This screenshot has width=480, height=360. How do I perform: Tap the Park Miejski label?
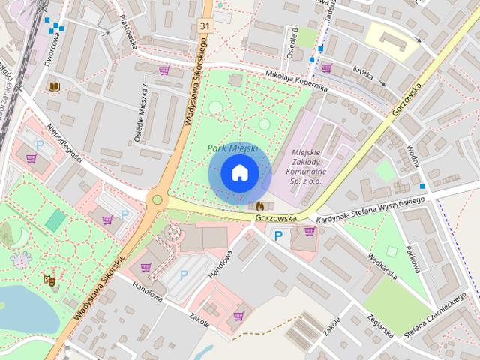click(x=232, y=148)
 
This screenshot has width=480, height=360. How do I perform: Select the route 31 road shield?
click(x=205, y=25)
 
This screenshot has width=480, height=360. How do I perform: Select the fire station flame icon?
click(x=259, y=205)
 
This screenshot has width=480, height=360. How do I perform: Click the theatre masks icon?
click(x=49, y=280)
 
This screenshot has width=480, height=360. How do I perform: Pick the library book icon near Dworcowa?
click(x=53, y=87)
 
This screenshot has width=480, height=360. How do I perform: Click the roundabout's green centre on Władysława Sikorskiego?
click(x=157, y=199)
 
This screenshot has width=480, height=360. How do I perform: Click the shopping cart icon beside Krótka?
click(x=327, y=67)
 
